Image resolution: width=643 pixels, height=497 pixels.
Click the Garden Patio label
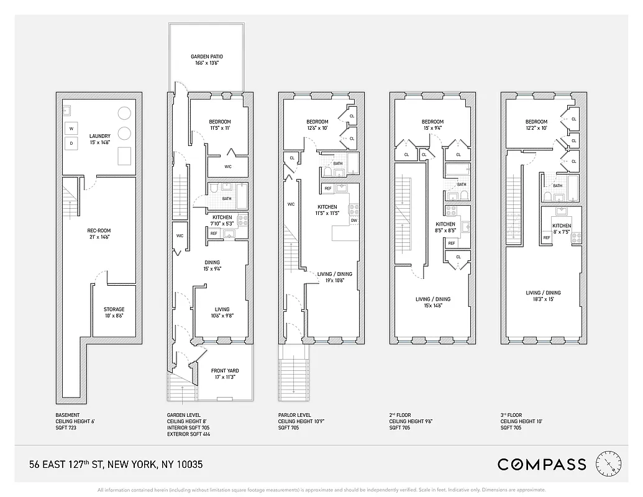206,57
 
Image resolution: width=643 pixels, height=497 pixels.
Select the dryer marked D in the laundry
71,144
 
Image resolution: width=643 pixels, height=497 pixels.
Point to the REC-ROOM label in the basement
99,230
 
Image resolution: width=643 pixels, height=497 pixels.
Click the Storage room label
114,309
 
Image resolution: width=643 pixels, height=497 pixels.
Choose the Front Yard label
224,372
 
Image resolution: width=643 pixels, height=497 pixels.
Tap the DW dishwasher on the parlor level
353,220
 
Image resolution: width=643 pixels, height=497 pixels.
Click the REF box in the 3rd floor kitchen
547,237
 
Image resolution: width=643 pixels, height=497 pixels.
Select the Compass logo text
542,464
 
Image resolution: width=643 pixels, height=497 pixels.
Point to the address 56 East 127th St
116,464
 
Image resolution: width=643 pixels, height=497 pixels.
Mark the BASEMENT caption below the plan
68,415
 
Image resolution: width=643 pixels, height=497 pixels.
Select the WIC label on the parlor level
291,204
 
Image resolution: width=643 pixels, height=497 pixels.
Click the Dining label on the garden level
212,262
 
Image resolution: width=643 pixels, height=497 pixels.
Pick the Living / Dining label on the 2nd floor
432,299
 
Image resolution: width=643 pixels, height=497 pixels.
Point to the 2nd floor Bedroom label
432,122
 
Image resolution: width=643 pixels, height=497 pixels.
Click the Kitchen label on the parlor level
327,207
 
